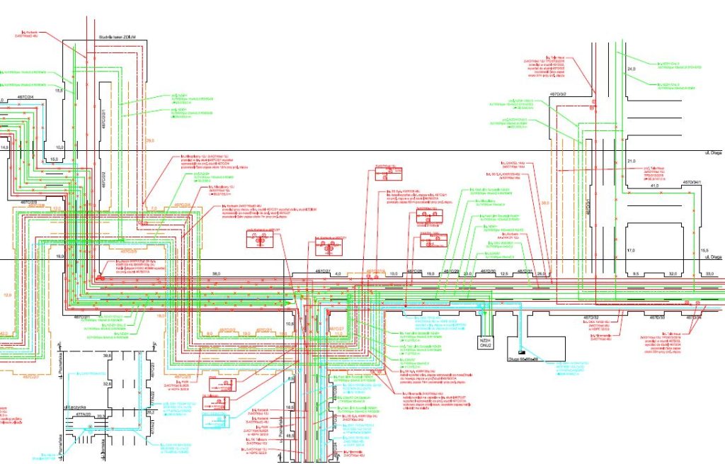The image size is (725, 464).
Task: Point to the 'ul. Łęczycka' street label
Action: tap(74, 407)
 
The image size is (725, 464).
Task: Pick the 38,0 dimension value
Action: tap(217, 273)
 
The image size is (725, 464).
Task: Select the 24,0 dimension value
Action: tap(632, 69)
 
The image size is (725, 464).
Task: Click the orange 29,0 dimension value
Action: tap(149, 141)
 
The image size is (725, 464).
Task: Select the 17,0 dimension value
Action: tap(631, 249)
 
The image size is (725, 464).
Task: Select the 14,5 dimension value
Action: tap(4, 147)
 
